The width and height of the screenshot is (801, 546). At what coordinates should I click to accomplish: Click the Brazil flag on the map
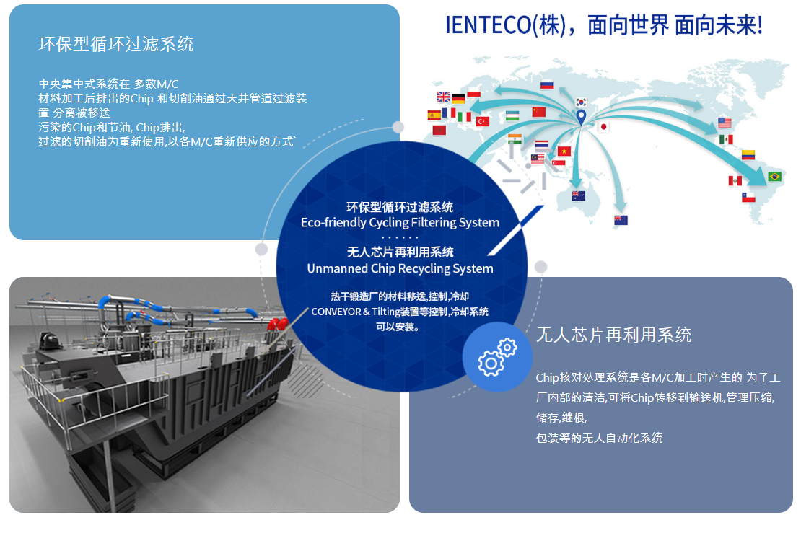774,176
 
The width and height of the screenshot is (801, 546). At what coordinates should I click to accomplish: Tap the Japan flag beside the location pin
603,127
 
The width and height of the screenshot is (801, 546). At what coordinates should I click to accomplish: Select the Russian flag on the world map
547,85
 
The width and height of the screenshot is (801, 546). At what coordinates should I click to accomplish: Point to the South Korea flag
581,102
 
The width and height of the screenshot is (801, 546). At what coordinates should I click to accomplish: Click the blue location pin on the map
581,117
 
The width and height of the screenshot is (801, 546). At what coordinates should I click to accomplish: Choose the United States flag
725,122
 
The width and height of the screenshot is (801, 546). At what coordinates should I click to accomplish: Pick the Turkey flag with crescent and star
483,121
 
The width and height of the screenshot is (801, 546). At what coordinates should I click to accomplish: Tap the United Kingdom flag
443,97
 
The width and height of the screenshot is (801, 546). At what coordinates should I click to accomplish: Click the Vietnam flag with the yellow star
564,151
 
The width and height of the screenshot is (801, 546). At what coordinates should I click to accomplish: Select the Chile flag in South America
748,197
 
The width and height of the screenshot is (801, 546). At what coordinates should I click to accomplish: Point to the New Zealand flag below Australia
621,220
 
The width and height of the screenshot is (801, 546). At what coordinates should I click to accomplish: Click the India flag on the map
515,138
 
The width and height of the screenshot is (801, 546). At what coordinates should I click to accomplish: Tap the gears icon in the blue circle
498,357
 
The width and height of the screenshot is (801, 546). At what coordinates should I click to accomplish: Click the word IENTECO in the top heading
488,25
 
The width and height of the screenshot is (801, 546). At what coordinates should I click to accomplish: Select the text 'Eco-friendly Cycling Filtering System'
400,223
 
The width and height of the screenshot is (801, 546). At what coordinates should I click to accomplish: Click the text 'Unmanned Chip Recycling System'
400,268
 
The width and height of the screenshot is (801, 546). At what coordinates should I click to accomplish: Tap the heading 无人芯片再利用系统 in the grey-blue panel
613,335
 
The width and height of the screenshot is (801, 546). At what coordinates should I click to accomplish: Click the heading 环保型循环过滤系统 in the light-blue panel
116,44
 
